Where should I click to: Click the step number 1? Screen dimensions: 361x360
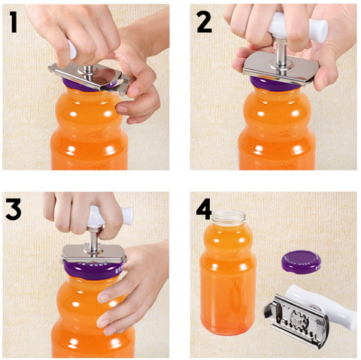(14, 22)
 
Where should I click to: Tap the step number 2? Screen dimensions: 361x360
(205, 22)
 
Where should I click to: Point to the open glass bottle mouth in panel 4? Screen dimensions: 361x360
(229, 216)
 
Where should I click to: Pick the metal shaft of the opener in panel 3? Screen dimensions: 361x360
(94, 238)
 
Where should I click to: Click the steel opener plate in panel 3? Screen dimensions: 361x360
(93, 253)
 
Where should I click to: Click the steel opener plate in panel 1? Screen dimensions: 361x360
(89, 77)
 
